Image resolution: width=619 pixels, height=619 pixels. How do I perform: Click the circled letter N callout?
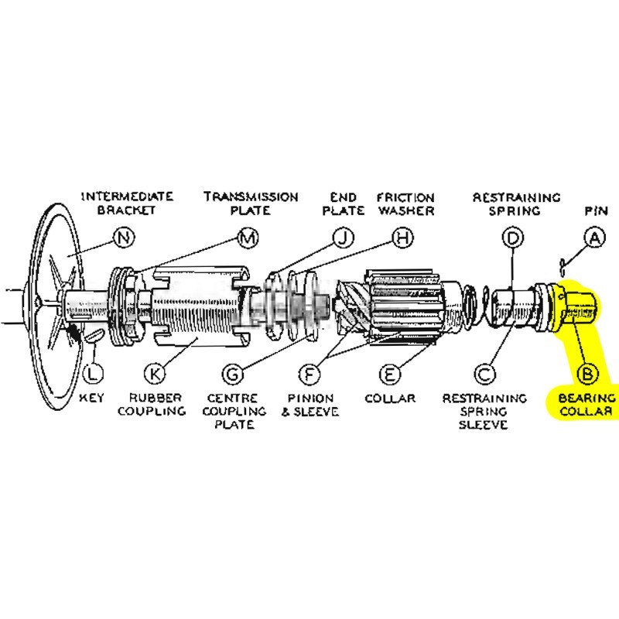[x=123, y=238]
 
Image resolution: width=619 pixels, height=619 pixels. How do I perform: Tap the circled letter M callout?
[x=247, y=238]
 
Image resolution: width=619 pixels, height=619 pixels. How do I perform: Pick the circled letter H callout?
[x=400, y=238]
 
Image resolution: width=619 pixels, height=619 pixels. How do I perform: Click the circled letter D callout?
[x=513, y=238]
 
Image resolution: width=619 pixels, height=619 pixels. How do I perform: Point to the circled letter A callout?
[x=593, y=238]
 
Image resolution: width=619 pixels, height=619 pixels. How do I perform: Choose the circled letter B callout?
[x=587, y=374]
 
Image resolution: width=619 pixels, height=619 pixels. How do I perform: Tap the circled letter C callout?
[x=485, y=374]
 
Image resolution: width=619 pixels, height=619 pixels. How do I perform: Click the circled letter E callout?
[x=389, y=374]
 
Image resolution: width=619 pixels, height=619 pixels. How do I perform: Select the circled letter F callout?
[x=309, y=374]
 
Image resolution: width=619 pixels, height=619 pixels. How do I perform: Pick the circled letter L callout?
[x=92, y=374]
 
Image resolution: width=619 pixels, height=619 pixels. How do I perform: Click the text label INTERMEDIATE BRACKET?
[x=126, y=203]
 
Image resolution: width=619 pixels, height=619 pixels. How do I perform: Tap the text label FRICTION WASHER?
[x=405, y=203]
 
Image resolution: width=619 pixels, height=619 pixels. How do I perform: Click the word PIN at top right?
[x=594, y=210]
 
